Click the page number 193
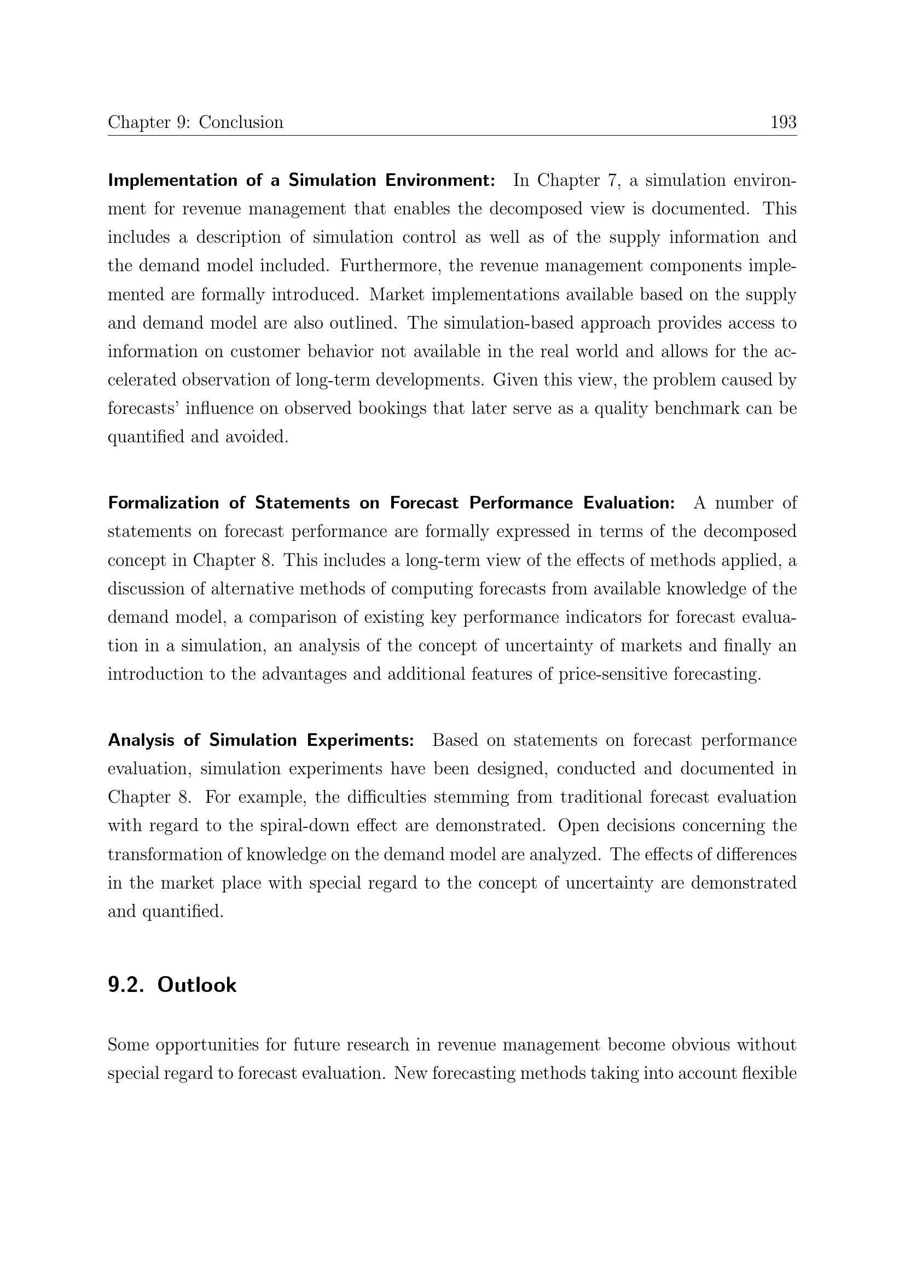pyautogui.click(x=783, y=122)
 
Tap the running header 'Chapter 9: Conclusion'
pyautogui.click(x=195, y=122)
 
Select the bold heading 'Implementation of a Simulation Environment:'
pyautogui.click(x=301, y=180)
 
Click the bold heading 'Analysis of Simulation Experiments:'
pyautogui.click(x=261, y=740)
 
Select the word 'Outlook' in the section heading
pyautogui.click(x=197, y=985)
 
